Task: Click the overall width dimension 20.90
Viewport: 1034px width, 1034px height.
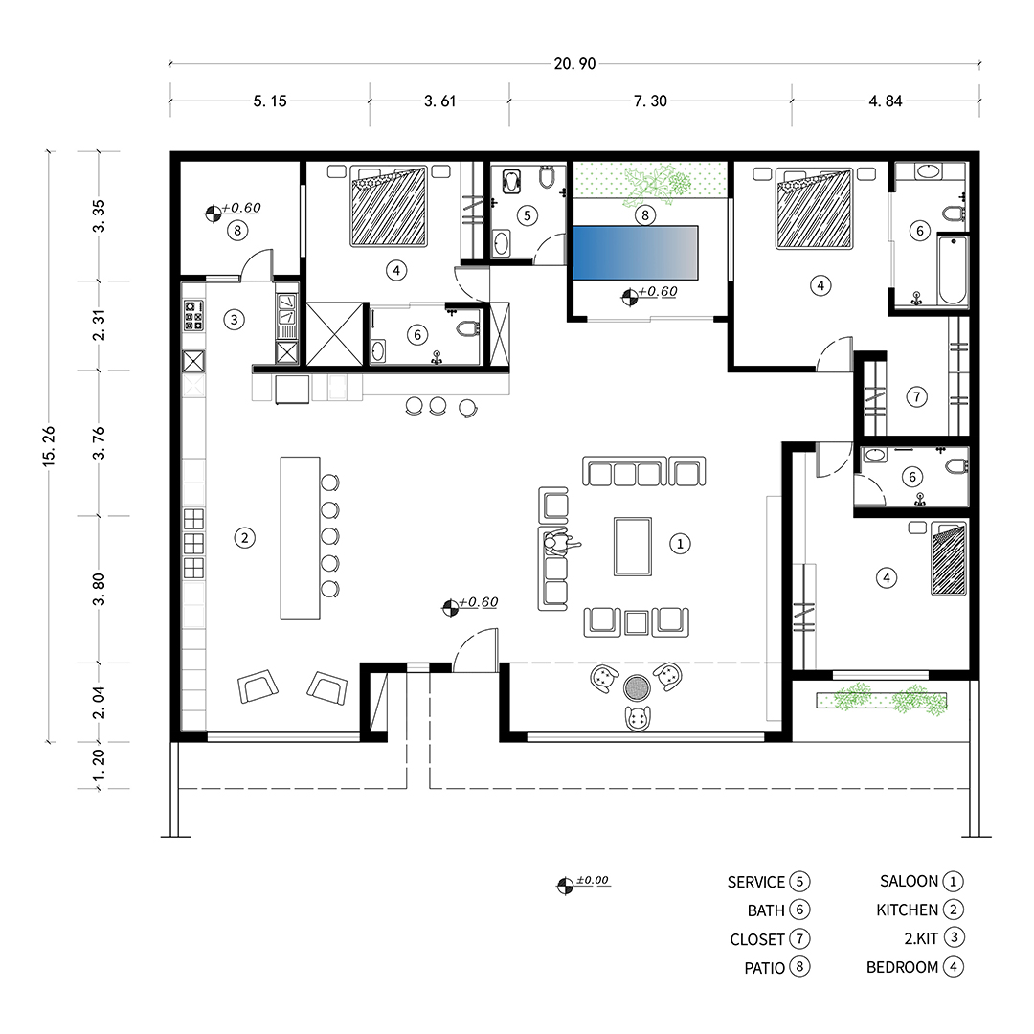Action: tap(574, 64)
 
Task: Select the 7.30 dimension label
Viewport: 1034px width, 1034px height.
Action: tap(650, 101)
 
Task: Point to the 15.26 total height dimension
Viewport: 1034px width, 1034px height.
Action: tap(49, 446)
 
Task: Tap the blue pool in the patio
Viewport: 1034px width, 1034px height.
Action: tap(635, 253)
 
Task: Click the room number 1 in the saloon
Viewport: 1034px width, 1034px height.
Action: tap(680, 544)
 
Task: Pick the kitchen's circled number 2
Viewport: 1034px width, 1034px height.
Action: tap(245, 538)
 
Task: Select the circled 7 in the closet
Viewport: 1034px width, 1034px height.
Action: tap(916, 397)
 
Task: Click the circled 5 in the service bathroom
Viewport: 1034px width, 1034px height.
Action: tap(527, 215)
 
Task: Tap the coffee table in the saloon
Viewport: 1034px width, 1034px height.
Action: tap(633, 547)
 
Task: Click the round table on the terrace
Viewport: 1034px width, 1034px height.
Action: tap(637, 688)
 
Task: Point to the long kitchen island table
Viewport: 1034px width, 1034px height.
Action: tap(300, 538)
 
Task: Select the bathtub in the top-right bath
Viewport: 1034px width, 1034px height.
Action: tap(953, 270)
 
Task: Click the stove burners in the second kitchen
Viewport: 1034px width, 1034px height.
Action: tap(193, 315)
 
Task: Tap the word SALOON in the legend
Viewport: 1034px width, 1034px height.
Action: tap(909, 881)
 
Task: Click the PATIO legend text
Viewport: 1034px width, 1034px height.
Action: tap(764, 968)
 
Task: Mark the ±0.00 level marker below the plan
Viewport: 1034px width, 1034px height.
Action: tap(584, 883)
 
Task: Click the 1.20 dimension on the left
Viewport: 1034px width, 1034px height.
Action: tap(99, 766)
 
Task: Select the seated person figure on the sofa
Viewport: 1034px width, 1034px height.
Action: tap(560, 544)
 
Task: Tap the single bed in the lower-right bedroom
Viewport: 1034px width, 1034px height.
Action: tap(949, 558)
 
